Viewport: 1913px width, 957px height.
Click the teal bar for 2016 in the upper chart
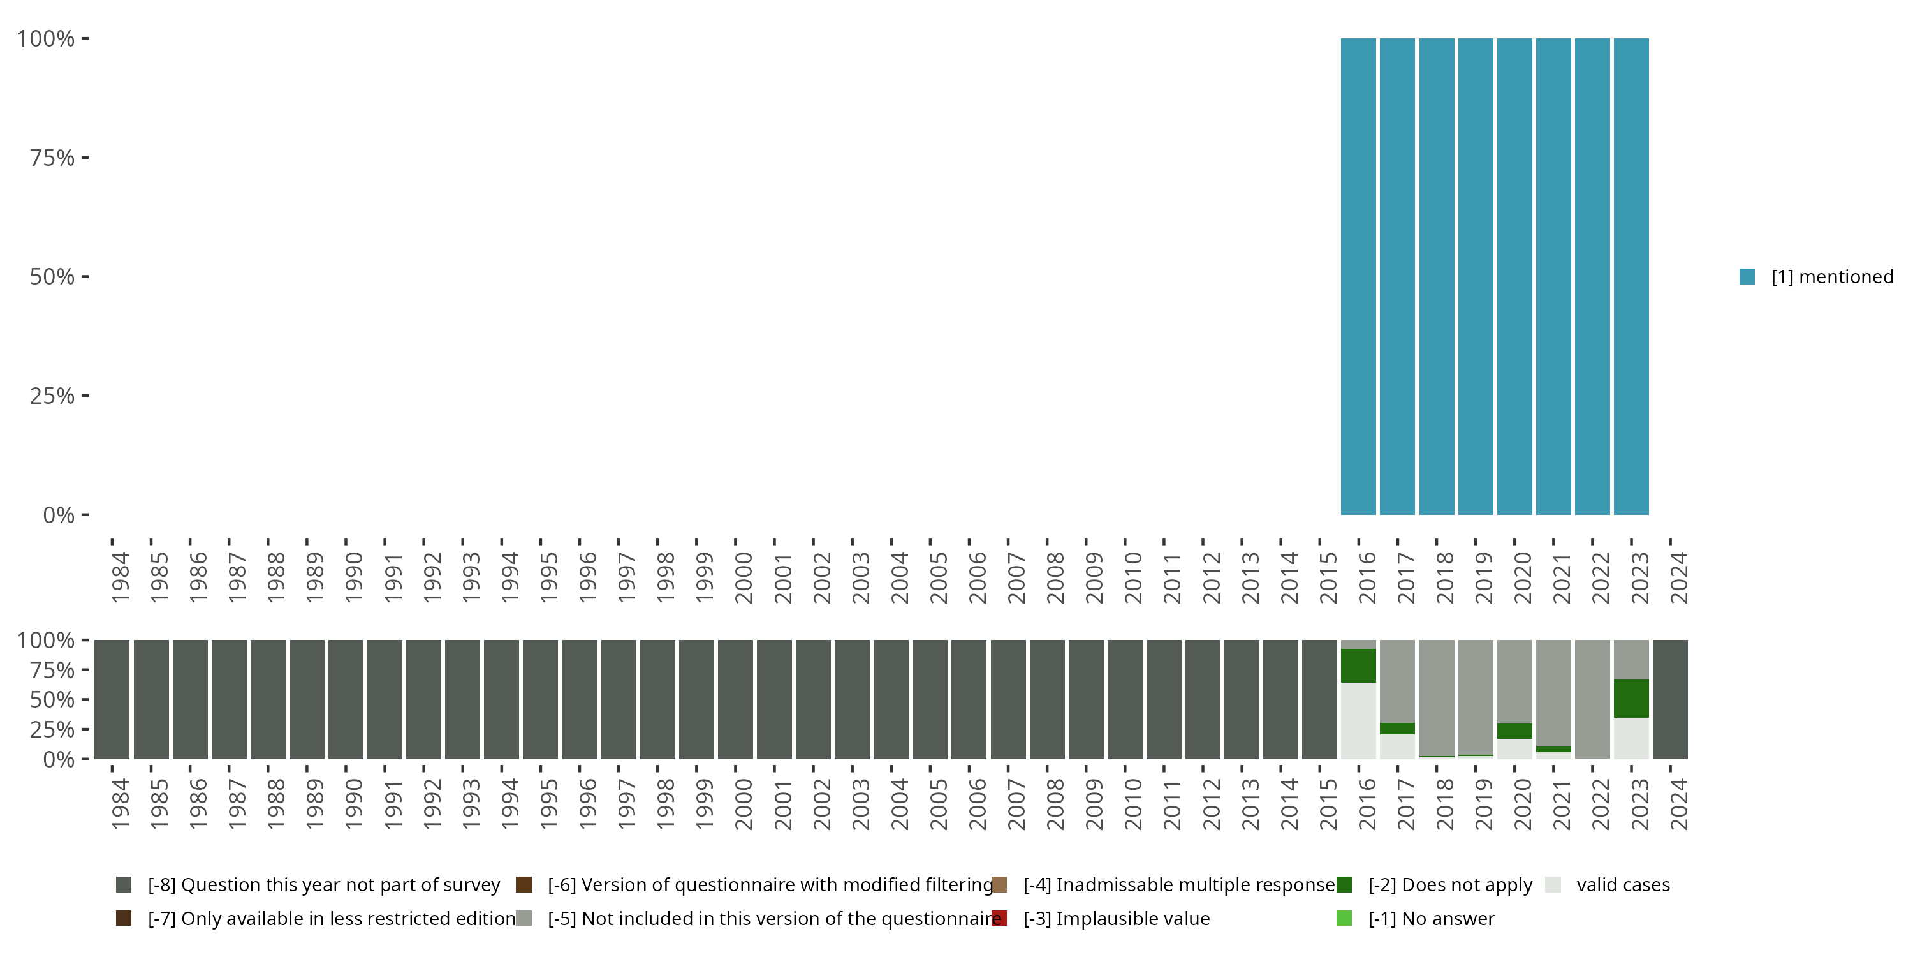point(1358,276)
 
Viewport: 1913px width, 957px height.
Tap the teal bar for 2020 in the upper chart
point(1514,276)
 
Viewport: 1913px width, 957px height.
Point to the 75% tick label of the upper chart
point(52,158)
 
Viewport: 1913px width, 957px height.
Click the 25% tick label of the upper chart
point(52,396)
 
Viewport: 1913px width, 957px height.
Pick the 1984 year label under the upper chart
point(120,577)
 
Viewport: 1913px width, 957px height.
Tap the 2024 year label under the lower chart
point(1678,804)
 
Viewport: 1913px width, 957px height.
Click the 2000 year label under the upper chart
point(743,577)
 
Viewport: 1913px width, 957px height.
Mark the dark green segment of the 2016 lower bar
point(1358,665)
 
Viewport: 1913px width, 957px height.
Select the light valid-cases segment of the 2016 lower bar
point(1358,721)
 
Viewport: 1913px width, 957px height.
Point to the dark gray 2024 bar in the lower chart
point(1670,699)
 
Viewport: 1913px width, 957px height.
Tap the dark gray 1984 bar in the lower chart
point(112,699)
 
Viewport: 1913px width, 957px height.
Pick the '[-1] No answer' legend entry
point(1430,918)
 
